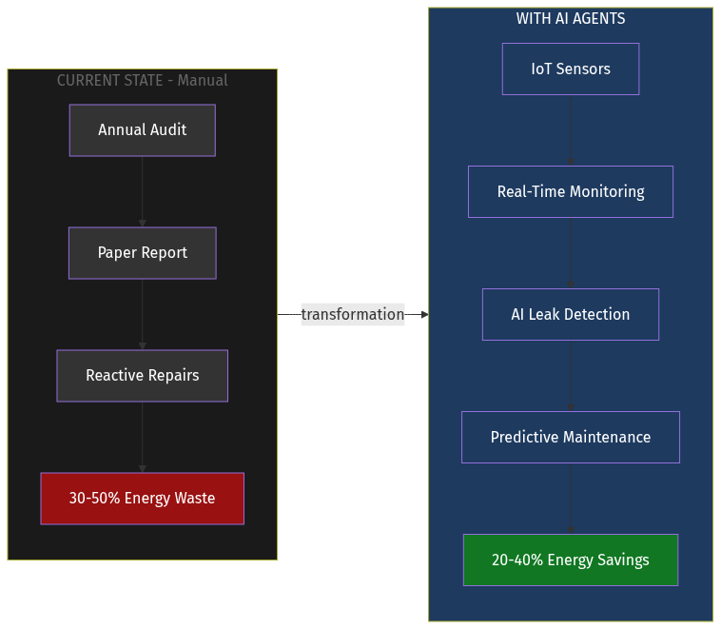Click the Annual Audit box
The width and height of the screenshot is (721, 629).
click(142, 130)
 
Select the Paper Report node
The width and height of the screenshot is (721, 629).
click(142, 253)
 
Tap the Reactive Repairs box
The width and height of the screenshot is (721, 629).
click(142, 376)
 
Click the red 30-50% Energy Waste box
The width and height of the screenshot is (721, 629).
click(142, 499)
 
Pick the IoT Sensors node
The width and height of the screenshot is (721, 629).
click(571, 69)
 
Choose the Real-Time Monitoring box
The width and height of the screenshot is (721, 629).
click(571, 192)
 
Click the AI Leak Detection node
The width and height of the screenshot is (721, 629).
click(571, 315)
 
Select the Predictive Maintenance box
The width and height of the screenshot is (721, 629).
click(571, 438)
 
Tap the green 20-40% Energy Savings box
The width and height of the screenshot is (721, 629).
click(571, 560)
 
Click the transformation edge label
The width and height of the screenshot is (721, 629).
click(353, 315)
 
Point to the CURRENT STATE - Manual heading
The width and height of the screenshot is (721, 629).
click(142, 81)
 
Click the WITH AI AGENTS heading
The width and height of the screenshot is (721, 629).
click(571, 19)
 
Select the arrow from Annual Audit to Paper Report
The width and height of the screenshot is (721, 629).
click(143, 191)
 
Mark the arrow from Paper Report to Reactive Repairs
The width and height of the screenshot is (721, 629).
click(143, 314)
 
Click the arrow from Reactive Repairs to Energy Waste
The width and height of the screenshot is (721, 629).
click(143, 437)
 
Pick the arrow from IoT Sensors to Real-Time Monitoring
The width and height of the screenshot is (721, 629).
click(571, 130)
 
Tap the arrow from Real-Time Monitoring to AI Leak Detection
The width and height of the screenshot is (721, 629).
click(571, 253)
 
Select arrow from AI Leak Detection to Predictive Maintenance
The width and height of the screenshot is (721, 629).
click(571, 376)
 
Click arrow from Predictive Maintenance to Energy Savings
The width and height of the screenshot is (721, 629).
click(571, 499)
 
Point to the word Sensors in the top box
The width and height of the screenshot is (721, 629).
click(583, 69)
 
